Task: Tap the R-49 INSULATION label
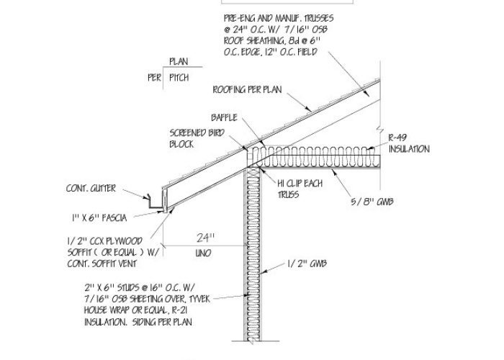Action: pos(408,143)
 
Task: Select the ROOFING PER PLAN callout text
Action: pos(247,90)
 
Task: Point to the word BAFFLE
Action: pos(224,117)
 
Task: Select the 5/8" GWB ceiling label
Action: pos(374,202)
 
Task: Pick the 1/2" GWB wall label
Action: pos(306,264)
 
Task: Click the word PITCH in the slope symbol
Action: pos(179,78)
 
